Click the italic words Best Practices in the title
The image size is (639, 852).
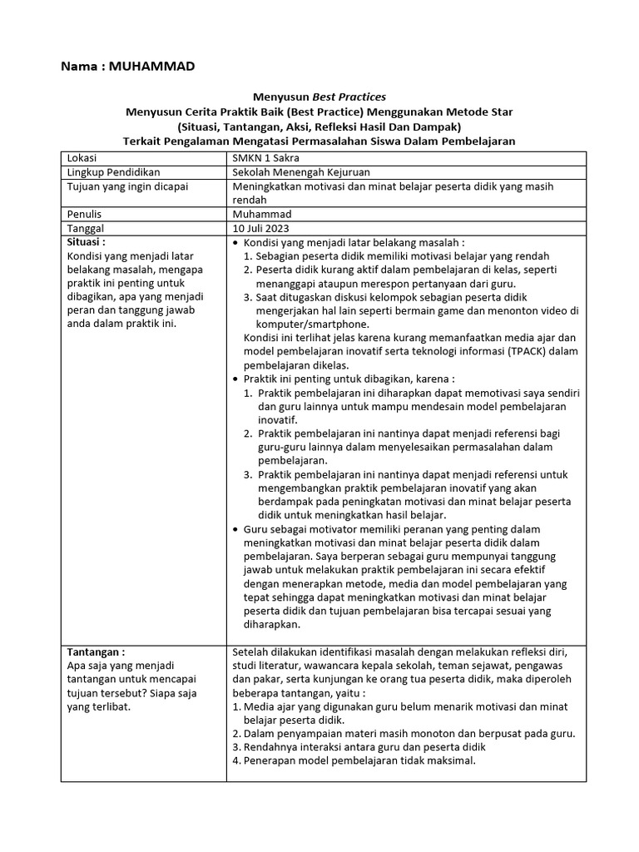point(347,97)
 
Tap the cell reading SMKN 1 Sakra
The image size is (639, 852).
point(267,158)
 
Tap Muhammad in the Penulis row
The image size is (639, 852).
point(262,214)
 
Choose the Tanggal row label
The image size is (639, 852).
point(86,228)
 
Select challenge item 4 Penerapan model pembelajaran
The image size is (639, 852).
point(359,760)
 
